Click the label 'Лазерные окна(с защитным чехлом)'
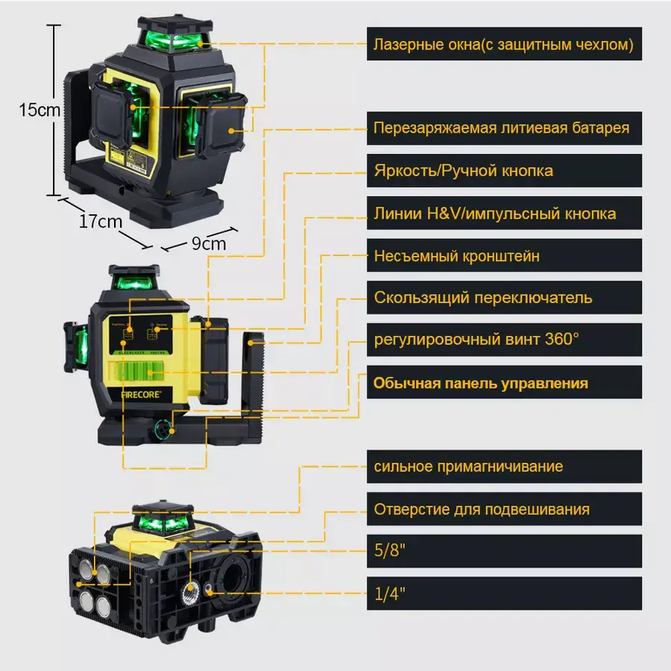pyautogui.click(x=503, y=45)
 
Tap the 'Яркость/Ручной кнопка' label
pyautogui.click(x=464, y=171)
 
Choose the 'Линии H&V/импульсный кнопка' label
pyautogui.click(x=495, y=213)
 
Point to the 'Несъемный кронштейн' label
pyautogui.click(x=456, y=256)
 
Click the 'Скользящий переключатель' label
pyautogui.click(x=483, y=298)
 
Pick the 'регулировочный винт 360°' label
pyautogui.click(x=476, y=339)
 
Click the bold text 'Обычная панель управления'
pyautogui.click(x=480, y=383)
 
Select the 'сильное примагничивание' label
pyautogui.click(x=468, y=466)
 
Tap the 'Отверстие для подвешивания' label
pyautogui.click(x=482, y=509)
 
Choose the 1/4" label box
pyautogui.click(x=389, y=594)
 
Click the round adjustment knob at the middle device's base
pyautogui.click(x=163, y=428)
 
